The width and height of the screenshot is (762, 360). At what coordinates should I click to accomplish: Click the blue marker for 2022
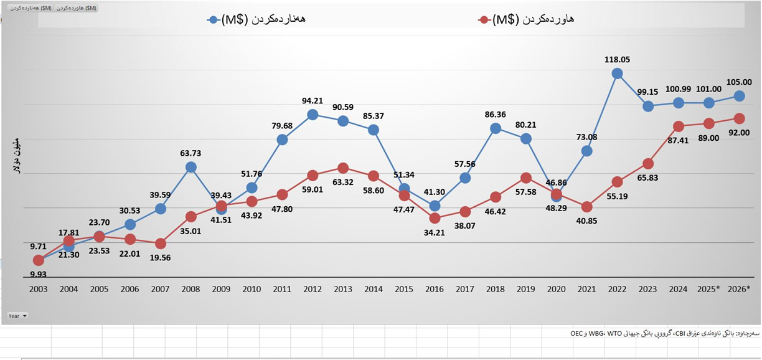617,73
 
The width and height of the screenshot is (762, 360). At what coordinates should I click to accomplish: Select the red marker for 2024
678,126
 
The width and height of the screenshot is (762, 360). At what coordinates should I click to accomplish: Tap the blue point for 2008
191,167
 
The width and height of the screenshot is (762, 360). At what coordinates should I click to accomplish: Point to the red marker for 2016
435,218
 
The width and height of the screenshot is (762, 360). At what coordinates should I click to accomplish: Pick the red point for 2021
586,207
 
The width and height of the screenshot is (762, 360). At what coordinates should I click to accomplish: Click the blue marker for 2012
313,115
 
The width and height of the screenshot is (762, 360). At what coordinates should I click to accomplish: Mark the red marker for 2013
343,168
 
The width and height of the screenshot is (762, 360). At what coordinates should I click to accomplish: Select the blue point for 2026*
739,96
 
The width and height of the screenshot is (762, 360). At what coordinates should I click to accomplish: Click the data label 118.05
617,60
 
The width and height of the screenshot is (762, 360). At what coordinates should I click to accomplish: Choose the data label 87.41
678,141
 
